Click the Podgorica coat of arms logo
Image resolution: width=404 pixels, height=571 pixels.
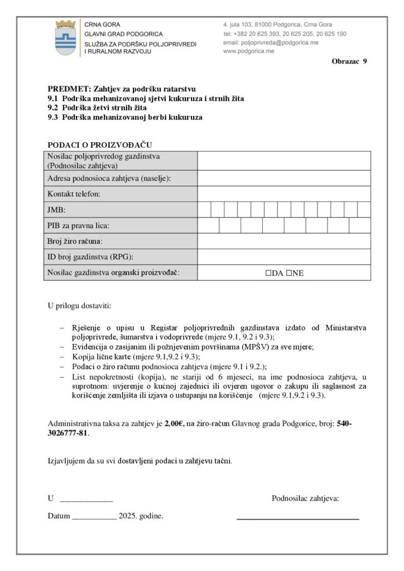(x=65, y=37)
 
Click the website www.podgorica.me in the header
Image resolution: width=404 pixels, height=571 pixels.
(x=248, y=51)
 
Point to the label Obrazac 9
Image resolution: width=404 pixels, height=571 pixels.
(x=349, y=61)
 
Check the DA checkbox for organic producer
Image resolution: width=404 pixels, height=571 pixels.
(x=268, y=273)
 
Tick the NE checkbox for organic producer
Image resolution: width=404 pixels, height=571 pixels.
(x=289, y=273)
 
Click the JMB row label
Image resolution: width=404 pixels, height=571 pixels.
(x=56, y=210)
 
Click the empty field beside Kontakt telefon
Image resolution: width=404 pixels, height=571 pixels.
(x=283, y=193)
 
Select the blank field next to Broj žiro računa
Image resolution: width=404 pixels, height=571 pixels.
(x=283, y=241)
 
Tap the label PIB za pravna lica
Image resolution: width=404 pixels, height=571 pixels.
(x=78, y=225)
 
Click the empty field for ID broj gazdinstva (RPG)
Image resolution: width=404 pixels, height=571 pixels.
(x=283, y=257)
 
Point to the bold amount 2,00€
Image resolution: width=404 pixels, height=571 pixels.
(x=175, y=424)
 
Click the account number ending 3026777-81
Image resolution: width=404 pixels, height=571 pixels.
(x=68, y=433)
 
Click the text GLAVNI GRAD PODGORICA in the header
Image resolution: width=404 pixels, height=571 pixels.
(x=123, y=34)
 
